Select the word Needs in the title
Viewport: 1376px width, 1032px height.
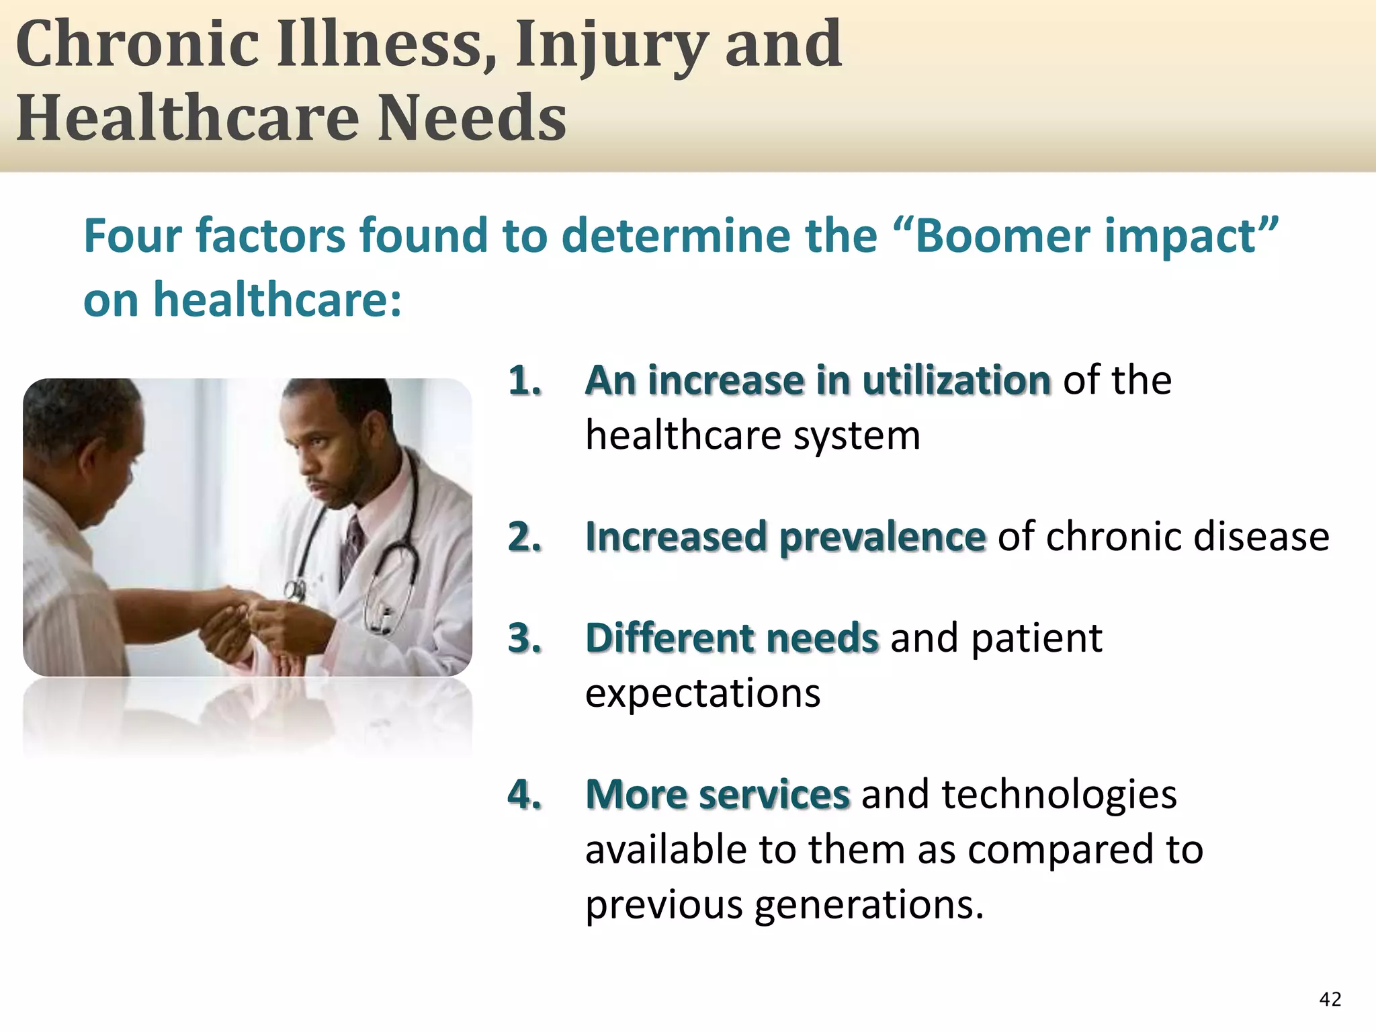(x=472, y=118)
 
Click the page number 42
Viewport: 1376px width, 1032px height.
(x=1330, y=999)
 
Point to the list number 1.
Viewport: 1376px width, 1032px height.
(x=524, y=381)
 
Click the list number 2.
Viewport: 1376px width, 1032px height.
(x=524, y=537)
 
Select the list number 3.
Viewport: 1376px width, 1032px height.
(x=524, y=638)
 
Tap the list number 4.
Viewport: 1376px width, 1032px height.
(x=524, y=794)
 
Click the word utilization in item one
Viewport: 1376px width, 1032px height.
(x=956, y=381)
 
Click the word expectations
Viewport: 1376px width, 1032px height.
(x=703, y=693)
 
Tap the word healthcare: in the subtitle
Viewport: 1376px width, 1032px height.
(x=277, y=300)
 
